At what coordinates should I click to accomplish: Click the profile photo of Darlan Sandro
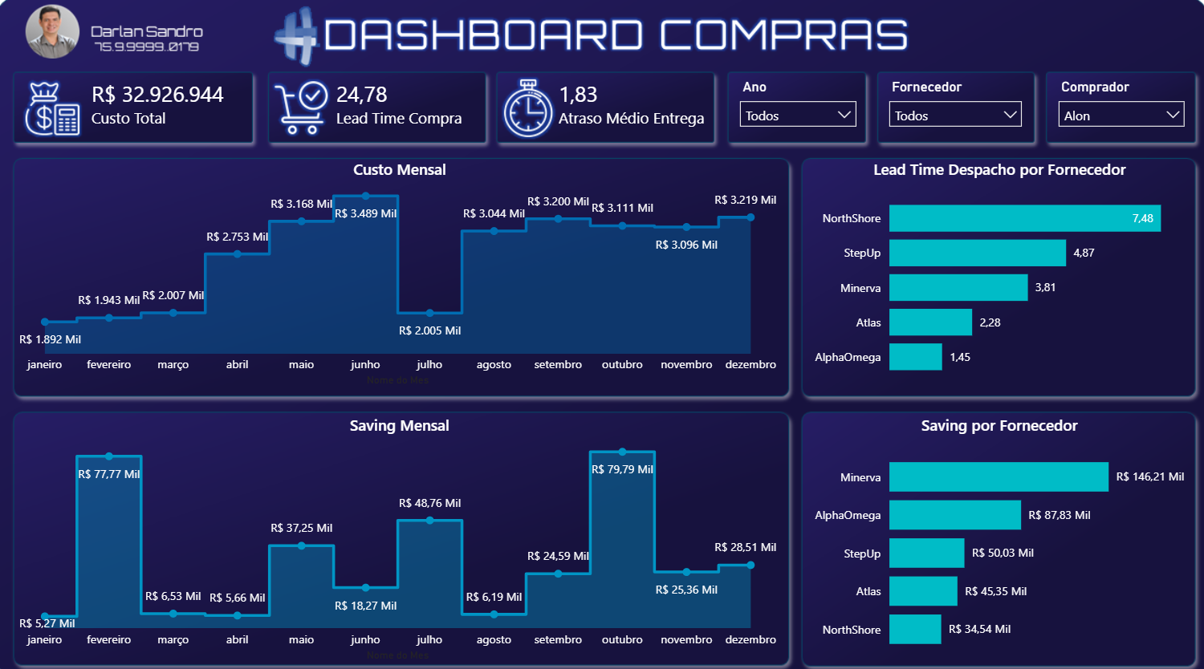click(52, 32)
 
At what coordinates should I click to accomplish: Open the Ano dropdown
click(797, 115)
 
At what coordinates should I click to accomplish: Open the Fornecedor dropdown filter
click(954, 115)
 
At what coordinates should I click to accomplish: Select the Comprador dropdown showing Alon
click(1121, 115)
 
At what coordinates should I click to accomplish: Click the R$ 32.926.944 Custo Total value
click(157, 95)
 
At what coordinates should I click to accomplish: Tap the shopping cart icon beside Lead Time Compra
click(300, 108)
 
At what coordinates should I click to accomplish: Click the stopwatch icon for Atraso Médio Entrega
click(527, 108)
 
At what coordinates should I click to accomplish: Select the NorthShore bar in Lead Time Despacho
click(1024, 218)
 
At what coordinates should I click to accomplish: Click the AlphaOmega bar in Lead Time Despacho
click(915, 357)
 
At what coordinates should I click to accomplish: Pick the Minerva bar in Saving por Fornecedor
click(998, 476)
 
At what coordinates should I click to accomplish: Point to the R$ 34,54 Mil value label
click(979, 630)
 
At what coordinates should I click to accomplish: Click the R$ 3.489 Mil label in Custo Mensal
click(365, 213)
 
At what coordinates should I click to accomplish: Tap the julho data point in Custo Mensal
click(429, 313)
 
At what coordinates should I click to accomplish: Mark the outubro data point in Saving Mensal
click(622, 452)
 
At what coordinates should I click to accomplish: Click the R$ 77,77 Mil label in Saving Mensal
click(108, 474)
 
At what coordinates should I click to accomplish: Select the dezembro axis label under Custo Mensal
click(750, 364)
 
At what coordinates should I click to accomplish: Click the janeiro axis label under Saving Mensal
click(44, 639)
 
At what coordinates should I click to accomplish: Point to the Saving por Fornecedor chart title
click(999, 426)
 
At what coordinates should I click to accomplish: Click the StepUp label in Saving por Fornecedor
click(861, 553)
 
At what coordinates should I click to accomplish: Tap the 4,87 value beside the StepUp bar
click(1084, 253)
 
